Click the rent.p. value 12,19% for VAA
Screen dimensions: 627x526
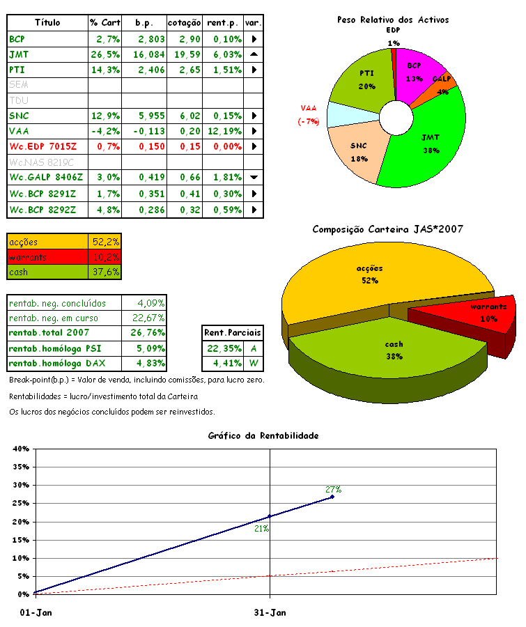pyautogui.click(x=224, y=131)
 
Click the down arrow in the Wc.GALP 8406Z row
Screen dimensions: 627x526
pyautogui.click(x=254, y=178)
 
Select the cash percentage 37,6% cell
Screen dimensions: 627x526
pyautogui.click(x=106, y=272)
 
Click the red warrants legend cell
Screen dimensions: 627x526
pyautogui.click(x=47, y=257)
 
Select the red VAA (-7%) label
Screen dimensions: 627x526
pyautogui.click(x=309, y=115)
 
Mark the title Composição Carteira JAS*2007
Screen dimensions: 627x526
pyautogui.click(x=388, y=229)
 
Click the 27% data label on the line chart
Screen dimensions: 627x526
pyautogui.click(x=334, y=489)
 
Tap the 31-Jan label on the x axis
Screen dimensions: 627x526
pyautogui.click(x=270, y=613)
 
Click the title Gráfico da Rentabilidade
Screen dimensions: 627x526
pyautogui.click(x=263, y=435)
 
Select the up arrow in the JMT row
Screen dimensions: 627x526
pyautogui.click(x=254, y=54)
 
